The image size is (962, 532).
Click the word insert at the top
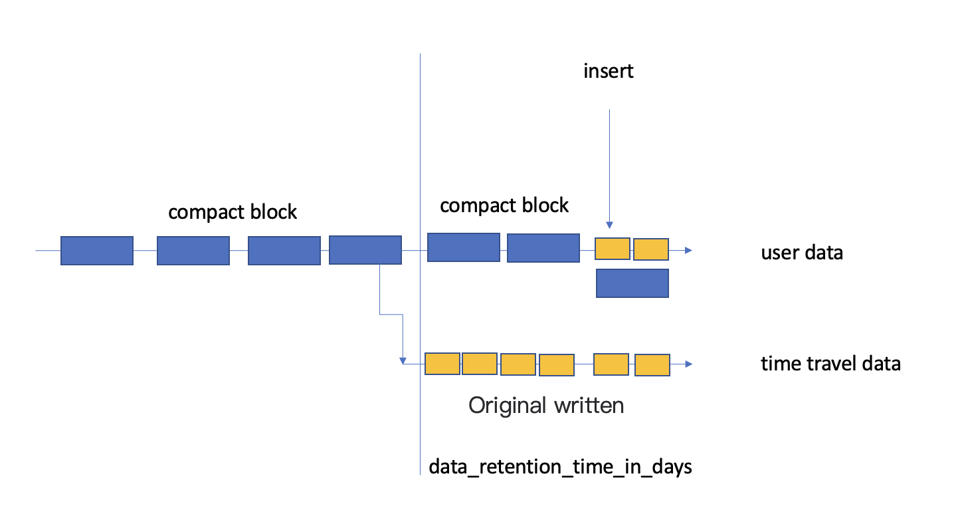pyautogui.click(x=609, y=71)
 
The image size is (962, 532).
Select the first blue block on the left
pyautogui.click(x=96, y=251)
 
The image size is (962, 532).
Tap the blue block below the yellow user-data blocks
pyautogui.click(x=632, y=283)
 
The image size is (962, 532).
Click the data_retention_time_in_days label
pyautogui.click(x=560, y=467)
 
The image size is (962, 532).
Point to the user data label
pyautogui.click(x=802, y=253)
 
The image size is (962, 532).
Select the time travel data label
pyautogui.click(x=830, y=364)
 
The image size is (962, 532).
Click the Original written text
pyautogui.click(x=546, y=405)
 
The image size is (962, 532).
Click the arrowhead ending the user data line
pyautogui.click(x=688, y=251)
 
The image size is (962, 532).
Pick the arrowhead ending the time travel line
pyautogui.click(x=688, y=364)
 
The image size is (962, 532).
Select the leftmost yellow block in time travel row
pyautogui.click(x=442, y=364)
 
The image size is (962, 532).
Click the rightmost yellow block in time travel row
pyautogui.click(x=652, y=365)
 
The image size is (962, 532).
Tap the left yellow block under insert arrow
pyautogui.click(x=612, y=249)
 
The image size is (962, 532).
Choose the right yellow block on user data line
pyautogui.click(x=650, y=249)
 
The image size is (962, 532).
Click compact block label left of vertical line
pyautogui.click(x=233, y=212)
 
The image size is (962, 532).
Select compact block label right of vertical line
pyautogui.click(x=504, y=205)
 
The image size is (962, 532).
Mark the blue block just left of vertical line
pyautogui.click(x=365, y=250)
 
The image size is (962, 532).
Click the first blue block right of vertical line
pyautogui.click(x=463, y=247)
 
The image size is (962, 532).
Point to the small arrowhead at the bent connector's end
pyautogui.click(x=403, y=360)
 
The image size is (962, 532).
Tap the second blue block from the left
pyautogui.click(x=193, y=251)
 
